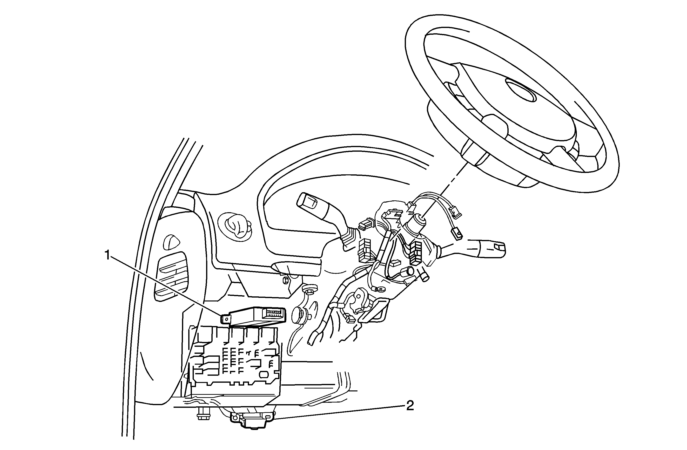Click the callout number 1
[x=107, y=255]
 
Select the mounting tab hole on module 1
[x=227, y=319]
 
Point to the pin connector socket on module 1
[x=273, y=313]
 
